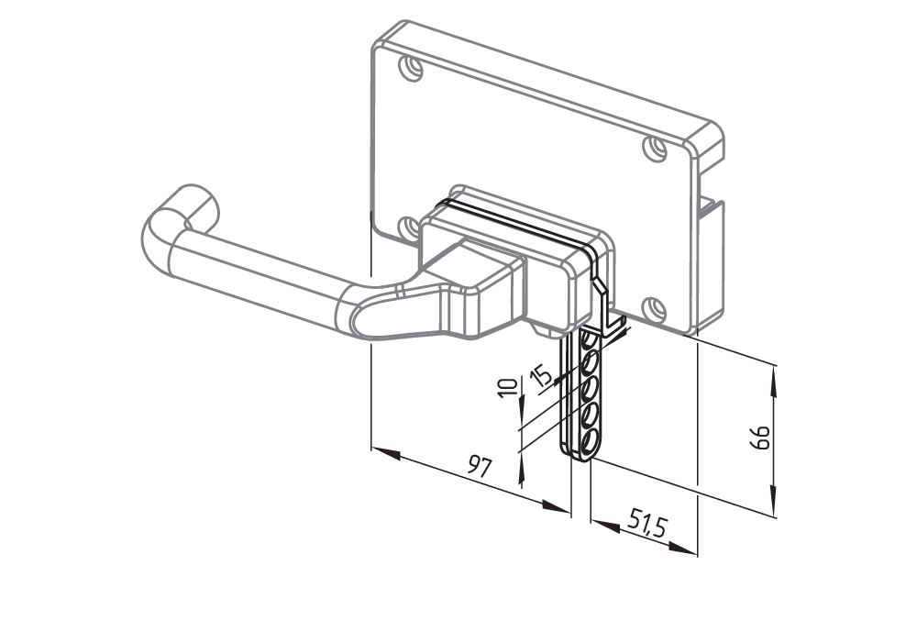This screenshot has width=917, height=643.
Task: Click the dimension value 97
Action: [x=477, y=466]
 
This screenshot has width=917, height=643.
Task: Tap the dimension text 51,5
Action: [x=647, y=526]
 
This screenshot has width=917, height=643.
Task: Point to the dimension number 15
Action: [x=541, y=375]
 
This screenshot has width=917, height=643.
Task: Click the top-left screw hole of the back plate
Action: [x=412, y=68]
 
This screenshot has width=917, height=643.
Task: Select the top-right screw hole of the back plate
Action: [x=655, y=148]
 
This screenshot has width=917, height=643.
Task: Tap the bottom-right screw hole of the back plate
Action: [x=653, y=308]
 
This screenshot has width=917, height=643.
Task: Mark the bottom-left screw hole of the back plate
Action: [x=408, y=227]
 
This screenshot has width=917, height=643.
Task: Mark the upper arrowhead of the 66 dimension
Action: [x=776, y=375]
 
